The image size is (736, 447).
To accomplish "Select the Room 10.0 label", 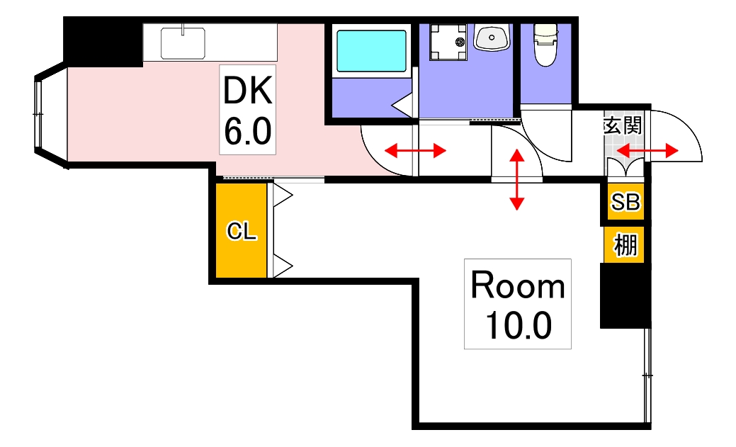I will [517, 304].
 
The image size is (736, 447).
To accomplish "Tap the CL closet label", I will [241, 231].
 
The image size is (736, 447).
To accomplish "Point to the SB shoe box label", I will [625, 203].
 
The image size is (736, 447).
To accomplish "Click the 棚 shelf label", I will [625, 245].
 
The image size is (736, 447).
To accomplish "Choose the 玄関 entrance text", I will [623, 125].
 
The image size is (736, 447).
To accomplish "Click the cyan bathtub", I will [370, 50].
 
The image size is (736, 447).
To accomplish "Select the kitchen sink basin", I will [183, 43].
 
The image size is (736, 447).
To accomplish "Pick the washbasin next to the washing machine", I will [492, 38].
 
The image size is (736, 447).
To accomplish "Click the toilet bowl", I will [545, 47].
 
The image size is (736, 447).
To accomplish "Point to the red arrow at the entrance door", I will [647, 150].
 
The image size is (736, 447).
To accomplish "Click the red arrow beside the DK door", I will [415, 150].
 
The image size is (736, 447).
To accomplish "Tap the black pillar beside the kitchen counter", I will [102, 42].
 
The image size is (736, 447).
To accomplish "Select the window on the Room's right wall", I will [647, 375].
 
